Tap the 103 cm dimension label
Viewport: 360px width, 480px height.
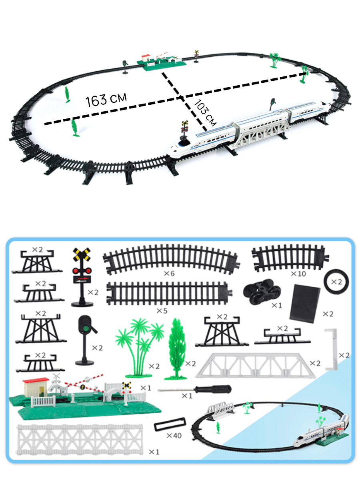pyautogui.click(x=205, y=113)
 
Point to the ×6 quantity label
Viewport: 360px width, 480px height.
pyautogui.click(x=169, y=274)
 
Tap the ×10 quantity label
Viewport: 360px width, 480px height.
pyautogui.click(x=298, y=274)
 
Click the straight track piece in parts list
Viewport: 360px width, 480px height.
pyautogui.click(x=167, y=293)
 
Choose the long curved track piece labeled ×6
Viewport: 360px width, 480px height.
pyautogui.click(x=170, y=258)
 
